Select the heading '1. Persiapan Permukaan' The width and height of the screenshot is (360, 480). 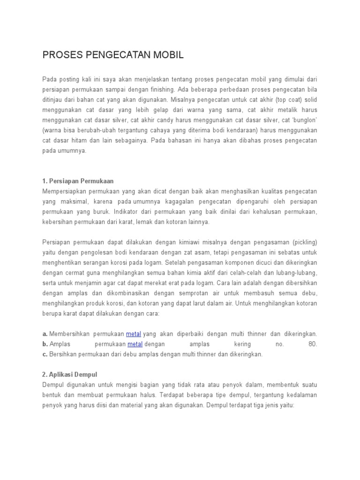(78, 181)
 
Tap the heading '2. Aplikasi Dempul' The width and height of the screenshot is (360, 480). (70, 375)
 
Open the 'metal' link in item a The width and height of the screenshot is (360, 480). (134, 334)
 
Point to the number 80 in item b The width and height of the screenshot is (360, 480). (313, 344)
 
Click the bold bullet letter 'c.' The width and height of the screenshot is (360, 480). (45, 354)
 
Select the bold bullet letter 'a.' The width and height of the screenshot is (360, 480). (45, 334)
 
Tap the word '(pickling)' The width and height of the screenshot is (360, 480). (304, 242)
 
